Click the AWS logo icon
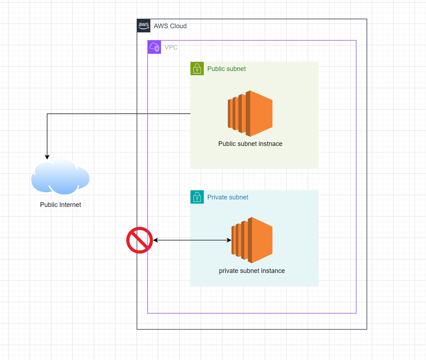[x=144, y=26]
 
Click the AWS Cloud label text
[x=170, y=26]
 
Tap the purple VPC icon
[x=154, y=47]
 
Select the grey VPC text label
[x=171, y=47]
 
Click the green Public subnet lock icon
[x=197, y=69]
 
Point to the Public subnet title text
[x=226, y=69]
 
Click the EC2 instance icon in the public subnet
[x=250, y=113]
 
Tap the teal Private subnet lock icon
[x=197, y=197]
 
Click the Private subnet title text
[x=228, y=197]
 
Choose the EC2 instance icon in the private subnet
[x=252, y=240]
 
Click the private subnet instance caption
[x=252, y=271]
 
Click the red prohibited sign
[x=139, y=240]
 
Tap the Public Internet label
[x=61, y=205]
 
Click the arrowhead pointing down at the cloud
[x=47, y=157]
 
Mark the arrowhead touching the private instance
[x=229, y=240]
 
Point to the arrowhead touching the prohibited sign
[x=155, y=240]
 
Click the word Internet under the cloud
[x=70, y=205]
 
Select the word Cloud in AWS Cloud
[x=178, y=26]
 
